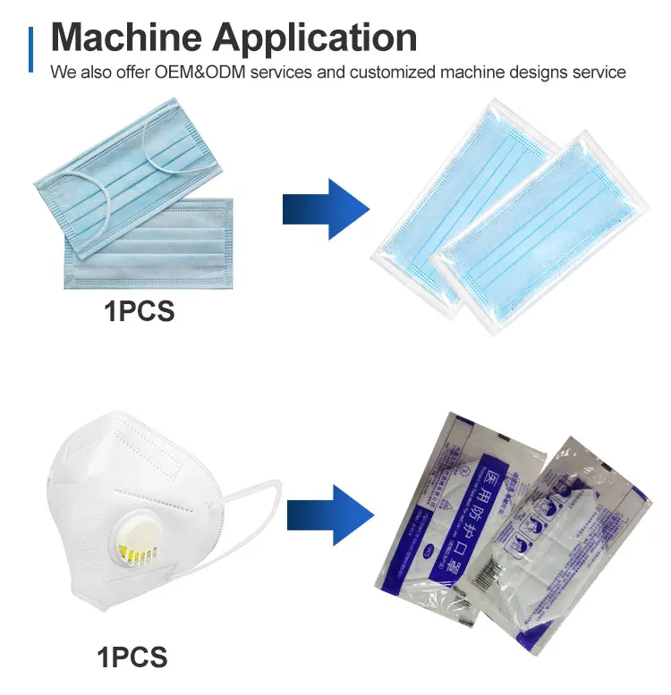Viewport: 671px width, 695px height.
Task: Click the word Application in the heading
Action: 314,37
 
